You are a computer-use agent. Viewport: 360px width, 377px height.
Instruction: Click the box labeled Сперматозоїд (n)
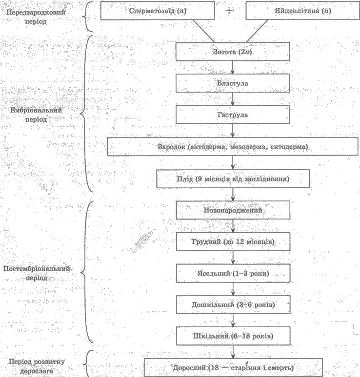158,11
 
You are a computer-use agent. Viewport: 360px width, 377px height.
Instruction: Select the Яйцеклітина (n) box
303,11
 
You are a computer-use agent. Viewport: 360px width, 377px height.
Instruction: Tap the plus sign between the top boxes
229,11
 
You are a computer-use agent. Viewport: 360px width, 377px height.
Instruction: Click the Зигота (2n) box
233,52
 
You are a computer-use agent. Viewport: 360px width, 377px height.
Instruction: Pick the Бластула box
233,83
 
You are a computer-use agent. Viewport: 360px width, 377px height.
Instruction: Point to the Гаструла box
233,115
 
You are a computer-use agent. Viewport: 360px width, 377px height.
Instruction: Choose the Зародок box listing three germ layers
233,147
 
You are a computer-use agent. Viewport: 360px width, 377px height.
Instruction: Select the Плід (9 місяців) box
233,179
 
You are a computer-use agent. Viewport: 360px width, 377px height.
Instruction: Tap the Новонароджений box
233,210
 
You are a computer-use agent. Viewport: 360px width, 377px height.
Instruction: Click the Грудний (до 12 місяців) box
233,241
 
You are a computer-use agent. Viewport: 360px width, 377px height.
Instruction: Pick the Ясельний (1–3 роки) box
233,274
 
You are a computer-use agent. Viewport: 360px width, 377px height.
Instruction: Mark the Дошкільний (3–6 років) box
233,305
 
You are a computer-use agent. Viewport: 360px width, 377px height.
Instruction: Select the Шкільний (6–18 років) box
233,336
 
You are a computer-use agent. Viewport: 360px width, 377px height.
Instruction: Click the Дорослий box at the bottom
233,368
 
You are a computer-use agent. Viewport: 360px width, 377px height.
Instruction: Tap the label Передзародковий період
36,17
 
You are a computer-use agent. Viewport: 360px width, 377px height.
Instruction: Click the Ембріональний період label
36,115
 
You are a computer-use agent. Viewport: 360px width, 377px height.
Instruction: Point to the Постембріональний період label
36,273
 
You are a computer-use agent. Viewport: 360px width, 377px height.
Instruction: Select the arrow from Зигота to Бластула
233,67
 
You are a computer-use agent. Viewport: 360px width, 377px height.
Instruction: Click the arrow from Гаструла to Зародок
233,131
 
